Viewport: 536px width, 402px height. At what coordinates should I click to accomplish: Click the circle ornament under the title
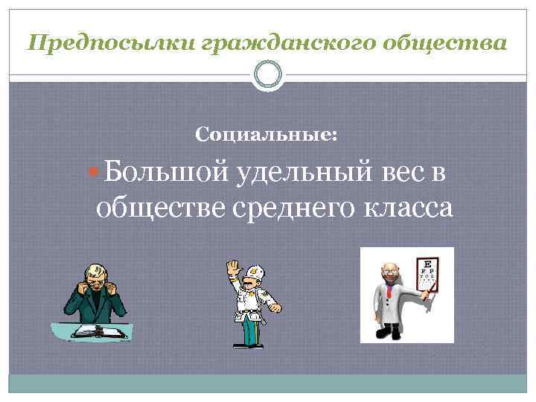269,75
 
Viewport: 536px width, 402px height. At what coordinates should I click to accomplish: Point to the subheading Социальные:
266,135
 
